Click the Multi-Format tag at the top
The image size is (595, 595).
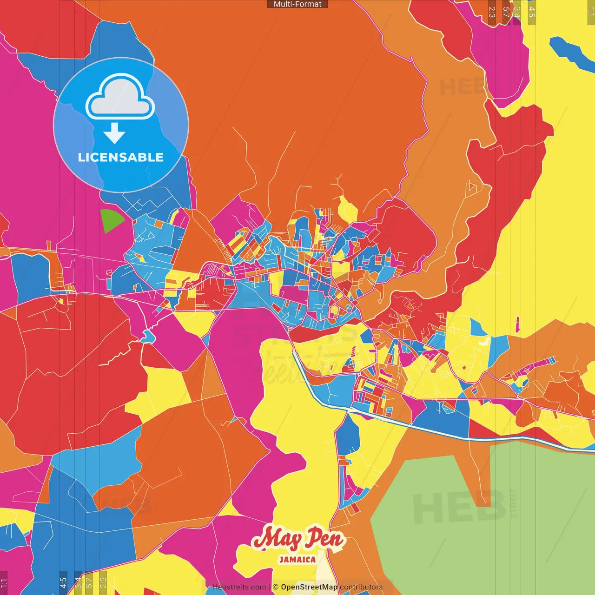pos(297,4)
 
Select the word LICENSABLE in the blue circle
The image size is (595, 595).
pos(121,157)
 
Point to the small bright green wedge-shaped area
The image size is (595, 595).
pos(111,220)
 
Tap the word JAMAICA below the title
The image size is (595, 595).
pos(297,560)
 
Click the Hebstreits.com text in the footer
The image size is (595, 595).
pos(239,587)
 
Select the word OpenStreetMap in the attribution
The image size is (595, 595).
pos(309,587)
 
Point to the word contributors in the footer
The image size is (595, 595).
pos(361,587)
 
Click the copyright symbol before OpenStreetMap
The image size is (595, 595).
pos(276,587)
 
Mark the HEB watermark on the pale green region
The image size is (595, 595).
pos(458,507)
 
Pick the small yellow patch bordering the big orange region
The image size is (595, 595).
pos(347,209)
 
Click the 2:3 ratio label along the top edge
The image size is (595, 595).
pos(492,12)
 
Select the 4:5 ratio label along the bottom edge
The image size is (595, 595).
pos(63,583)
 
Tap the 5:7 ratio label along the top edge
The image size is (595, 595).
pos(506,12)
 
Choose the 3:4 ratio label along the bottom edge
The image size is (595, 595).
pos(78,583)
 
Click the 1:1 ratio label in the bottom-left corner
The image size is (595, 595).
pos(4,583)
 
